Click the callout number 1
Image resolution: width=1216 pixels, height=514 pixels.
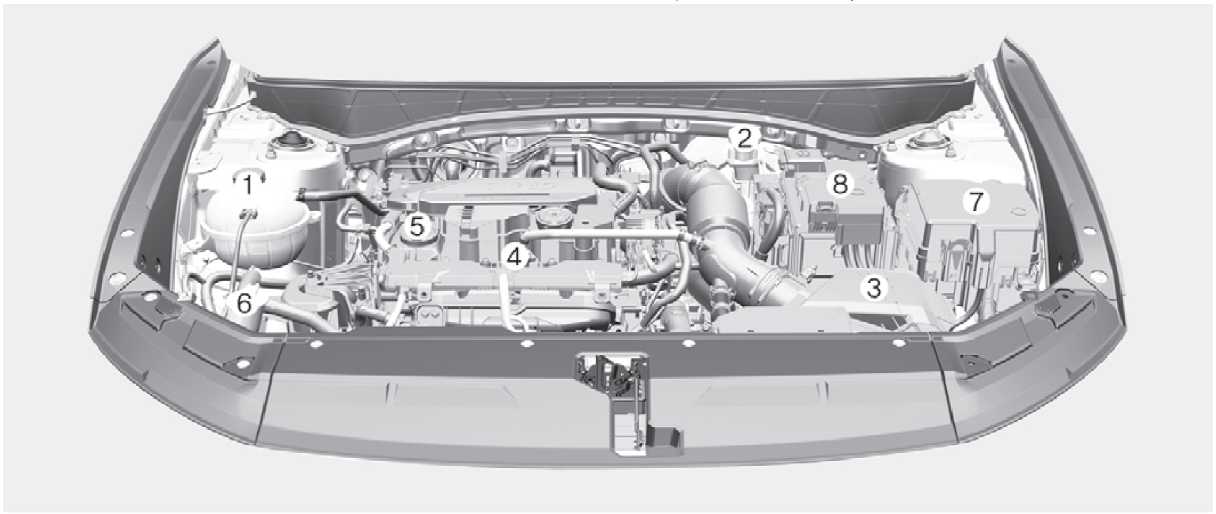tap(248, 186)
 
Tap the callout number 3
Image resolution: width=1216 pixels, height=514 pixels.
tap(873, 288)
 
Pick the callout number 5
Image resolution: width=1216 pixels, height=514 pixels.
tap(416, 227)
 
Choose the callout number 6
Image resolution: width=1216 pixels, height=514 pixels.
tap(244, 304)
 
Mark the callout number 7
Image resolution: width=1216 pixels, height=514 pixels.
tap(975, 202)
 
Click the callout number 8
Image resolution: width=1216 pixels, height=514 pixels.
tap(839, 184)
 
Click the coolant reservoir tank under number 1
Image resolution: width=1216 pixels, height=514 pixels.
tap(255, 228)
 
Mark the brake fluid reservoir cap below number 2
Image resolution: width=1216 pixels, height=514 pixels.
tap(742, 161)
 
